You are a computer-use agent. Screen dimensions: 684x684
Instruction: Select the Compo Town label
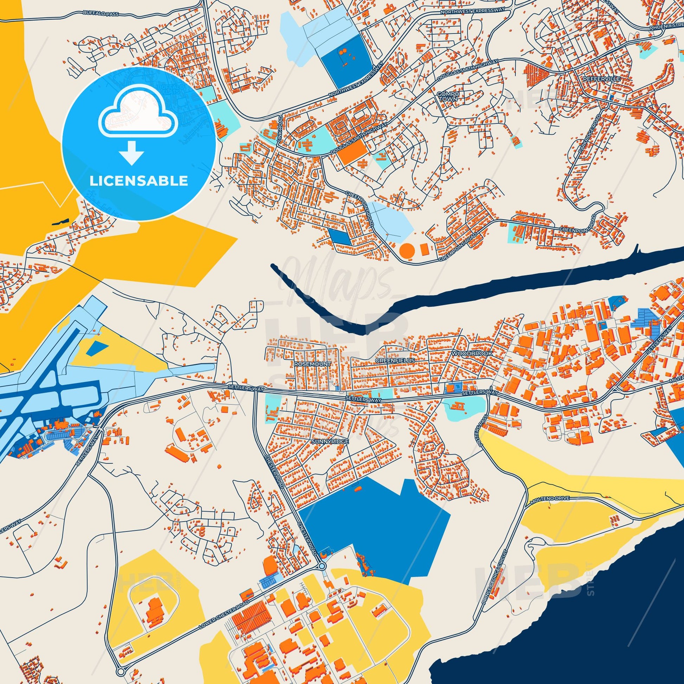[x=449, y=96]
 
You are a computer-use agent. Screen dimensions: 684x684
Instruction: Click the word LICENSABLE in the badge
[x=138, y=181]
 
